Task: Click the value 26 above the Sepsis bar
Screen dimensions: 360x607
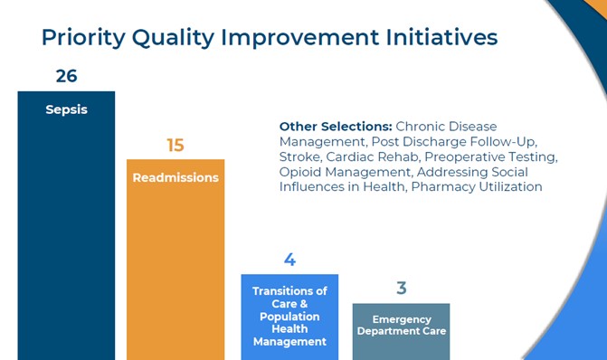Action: click(x=66, y=76)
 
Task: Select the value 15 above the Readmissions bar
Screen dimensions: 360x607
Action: click(x=175, y=146)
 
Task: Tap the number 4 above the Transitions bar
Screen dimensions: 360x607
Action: click(x=289, y=261)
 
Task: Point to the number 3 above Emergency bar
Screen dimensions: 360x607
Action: click(x=401, y=289)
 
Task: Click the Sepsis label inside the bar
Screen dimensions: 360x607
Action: click(x=66, y=110)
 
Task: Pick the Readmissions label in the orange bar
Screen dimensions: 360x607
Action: click(x=175, y=177)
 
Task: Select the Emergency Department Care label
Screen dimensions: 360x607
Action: click(x=401, y=325)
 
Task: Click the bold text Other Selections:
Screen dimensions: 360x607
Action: click(x=335, y=127)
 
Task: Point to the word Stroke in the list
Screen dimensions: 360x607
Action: click(x=300, y=156)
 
